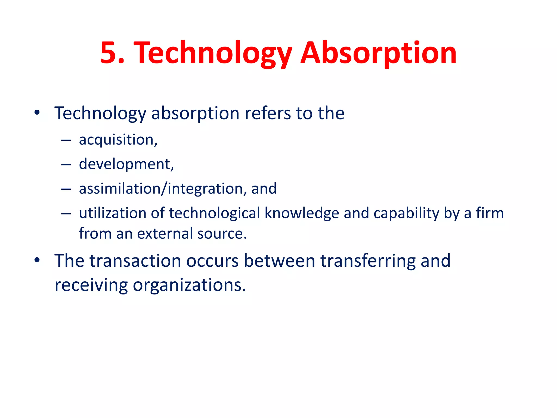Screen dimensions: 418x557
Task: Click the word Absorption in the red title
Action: click(x=378, y=53)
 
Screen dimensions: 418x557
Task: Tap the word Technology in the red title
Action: click(x=214, y=53)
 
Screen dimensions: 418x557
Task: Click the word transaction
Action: click(x=135, y=261)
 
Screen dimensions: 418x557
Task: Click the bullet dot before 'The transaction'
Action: click(x=37, y=260)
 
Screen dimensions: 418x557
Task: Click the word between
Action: click(x=279, y=261)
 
